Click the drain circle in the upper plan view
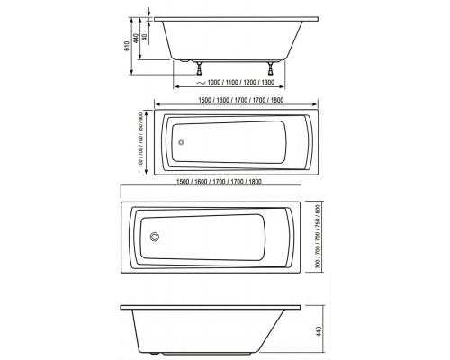(x=180, y=141)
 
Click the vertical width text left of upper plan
(x=143, y=140)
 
